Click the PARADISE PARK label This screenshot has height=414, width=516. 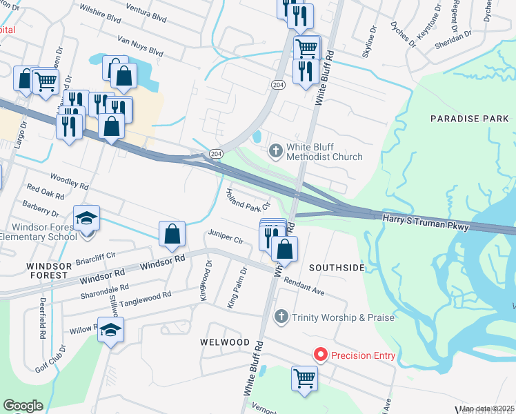pos(469,119)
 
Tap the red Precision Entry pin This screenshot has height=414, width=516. pos(320,355)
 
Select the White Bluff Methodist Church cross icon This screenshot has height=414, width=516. pos(275,150)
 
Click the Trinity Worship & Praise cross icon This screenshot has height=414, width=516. pos(281,317)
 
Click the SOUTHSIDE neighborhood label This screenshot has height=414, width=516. pos(336,267)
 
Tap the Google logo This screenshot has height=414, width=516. pos(23,406)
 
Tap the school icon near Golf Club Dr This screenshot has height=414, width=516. pos(110,331)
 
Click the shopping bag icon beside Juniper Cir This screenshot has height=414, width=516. pos(172,233)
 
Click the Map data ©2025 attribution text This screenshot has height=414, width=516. pos(487,408)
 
